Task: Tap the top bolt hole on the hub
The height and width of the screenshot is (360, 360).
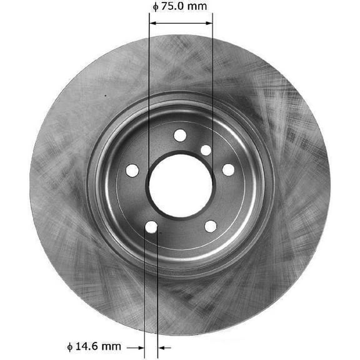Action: point(180,134)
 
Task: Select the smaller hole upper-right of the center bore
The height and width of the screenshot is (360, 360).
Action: point(206,150)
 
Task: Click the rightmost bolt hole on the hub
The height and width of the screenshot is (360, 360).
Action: point(228,169)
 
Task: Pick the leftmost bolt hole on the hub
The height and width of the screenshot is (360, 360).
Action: point(132,169)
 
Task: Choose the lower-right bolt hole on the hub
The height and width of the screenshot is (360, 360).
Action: point(210,226)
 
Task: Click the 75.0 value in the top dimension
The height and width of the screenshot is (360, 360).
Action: point(172,7)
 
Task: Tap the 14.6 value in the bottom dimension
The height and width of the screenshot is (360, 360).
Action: point(89,346)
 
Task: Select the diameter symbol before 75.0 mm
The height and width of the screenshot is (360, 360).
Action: point(155,7)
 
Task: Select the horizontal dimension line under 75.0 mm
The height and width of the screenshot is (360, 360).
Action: point(181,24)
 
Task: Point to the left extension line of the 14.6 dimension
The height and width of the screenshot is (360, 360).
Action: point(145,294)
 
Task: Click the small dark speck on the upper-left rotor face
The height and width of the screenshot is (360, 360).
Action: point(105,96)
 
